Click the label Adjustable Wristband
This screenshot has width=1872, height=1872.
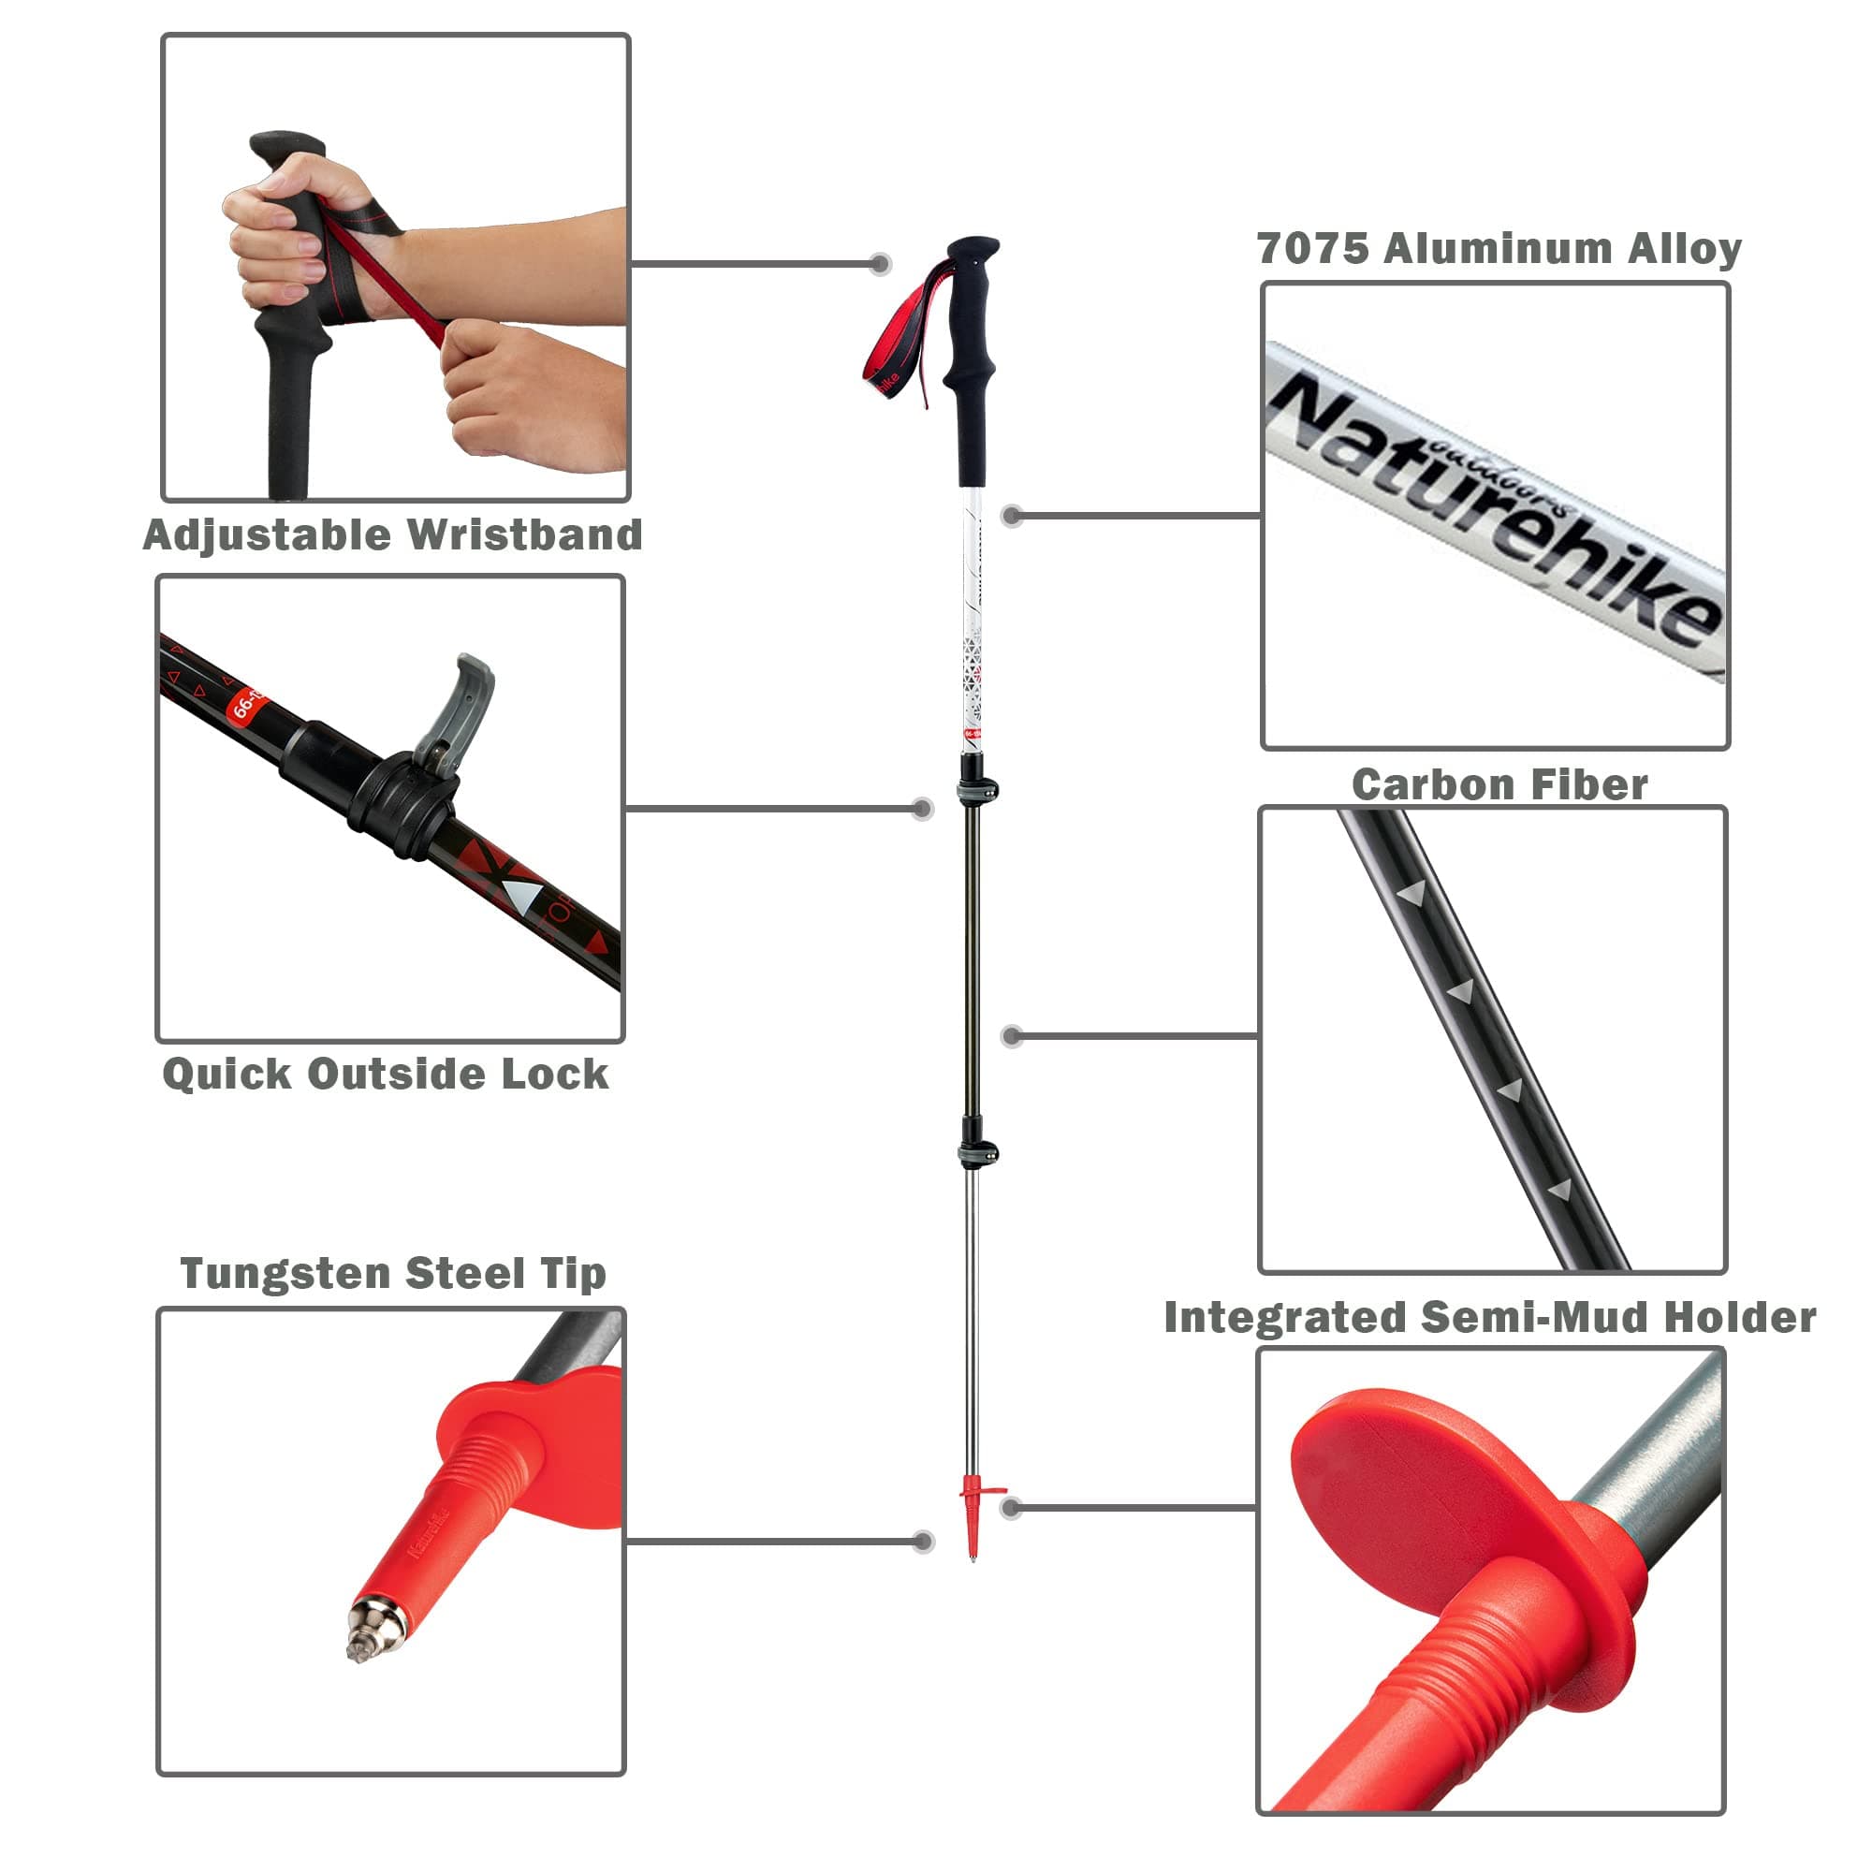pos(392,534)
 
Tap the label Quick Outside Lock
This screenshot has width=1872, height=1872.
pos(386,1074)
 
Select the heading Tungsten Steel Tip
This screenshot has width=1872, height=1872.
pos(392,1273)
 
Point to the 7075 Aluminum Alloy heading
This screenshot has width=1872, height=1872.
pos(1499,248)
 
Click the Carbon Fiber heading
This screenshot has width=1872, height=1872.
pos(1499,785)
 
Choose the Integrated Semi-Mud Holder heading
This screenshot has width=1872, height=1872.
pos(1489,1318)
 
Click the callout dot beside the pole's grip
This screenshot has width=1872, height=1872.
pos(880,264)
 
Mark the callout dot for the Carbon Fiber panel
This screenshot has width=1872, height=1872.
pos(1012,1036)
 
